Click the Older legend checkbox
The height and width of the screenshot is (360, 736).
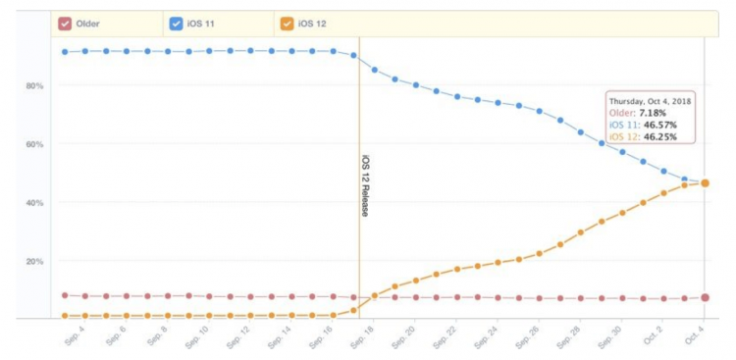coord(65,23)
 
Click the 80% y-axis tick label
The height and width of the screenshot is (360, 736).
coord(33,86)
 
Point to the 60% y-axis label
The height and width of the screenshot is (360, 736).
coord(33,144)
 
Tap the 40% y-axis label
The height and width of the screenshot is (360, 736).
coord(33,203)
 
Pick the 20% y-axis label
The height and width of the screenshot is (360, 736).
coord(33,261)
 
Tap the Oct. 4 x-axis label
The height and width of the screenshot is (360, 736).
coord(692,336)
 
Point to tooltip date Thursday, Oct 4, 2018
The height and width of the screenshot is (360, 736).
coord(651,101)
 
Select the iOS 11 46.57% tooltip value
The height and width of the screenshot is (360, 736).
coord(661,125)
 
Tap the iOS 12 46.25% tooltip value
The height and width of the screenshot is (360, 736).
coord(661,136)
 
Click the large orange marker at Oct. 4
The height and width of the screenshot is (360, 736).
coord(705,183)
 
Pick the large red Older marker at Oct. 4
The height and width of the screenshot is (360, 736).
coord(705,297)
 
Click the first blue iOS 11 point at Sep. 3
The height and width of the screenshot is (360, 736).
coord(65,51)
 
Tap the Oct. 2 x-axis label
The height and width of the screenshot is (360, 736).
coord(651,336)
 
